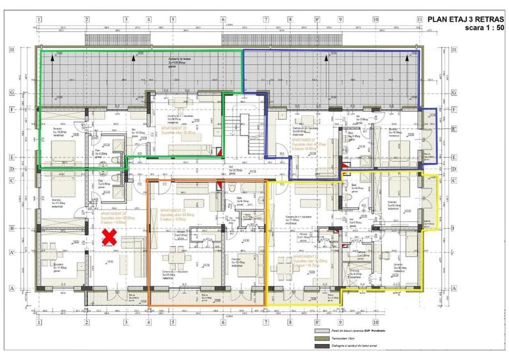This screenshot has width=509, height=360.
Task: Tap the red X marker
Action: (x=110, y=239)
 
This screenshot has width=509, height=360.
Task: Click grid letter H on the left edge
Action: (x=29, y=51)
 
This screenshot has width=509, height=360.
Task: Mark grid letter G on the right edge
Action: (x=453, y=93)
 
